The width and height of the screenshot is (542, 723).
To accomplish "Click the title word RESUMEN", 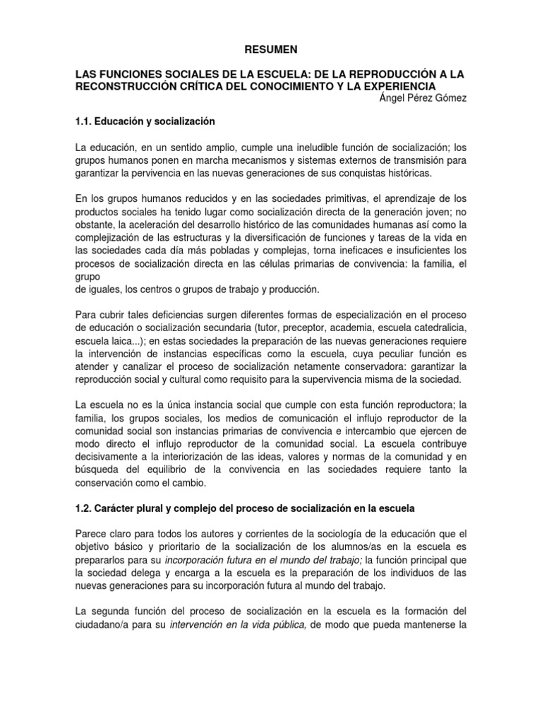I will (x=271, y=49).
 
